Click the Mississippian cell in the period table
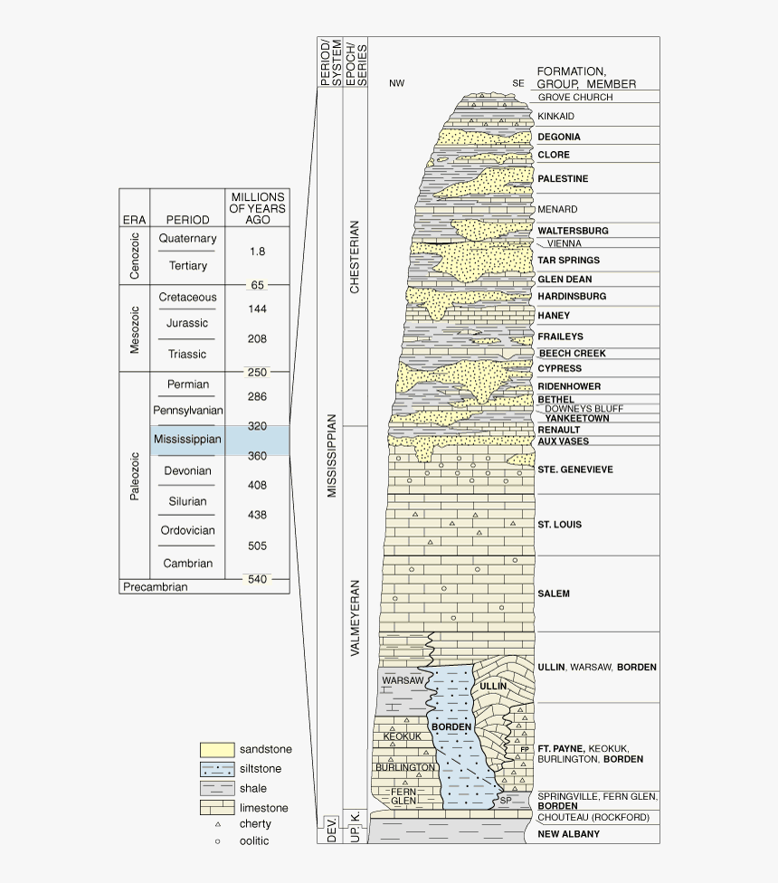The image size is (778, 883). (187, 440)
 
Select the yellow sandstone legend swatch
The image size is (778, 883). (217, 750)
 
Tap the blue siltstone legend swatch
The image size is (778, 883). (217, 769)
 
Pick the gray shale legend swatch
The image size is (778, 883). (217, 788)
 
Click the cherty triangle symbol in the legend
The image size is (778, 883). (217, 824)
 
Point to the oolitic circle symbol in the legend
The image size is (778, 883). (217, 841)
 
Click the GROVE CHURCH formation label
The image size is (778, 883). (574, 98)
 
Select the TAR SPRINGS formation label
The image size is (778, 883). (568, 261)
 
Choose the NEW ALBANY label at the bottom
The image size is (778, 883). (568, 834)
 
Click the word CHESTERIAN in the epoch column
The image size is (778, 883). (355, 257)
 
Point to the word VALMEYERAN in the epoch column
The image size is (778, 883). (355, 629)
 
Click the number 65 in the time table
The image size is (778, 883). (258, 285)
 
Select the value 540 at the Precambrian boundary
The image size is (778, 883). (258, 579)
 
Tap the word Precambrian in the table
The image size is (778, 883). (155, 587)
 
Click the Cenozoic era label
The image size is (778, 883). (135, 253)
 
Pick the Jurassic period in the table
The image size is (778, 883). (187, 324)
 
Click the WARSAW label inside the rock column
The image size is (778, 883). (403, 679)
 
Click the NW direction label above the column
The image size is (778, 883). (396, 83)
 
